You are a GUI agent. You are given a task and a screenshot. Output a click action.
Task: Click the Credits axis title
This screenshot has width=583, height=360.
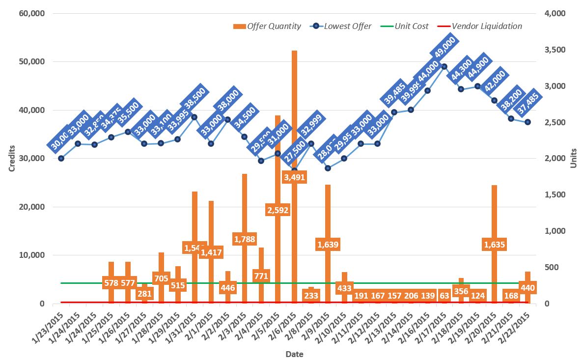12,158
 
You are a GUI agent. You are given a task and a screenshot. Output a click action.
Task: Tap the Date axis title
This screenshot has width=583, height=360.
294,354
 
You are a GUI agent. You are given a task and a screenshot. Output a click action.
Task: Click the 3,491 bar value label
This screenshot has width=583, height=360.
294,177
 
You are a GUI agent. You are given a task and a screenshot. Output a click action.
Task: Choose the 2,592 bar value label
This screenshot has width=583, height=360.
278,210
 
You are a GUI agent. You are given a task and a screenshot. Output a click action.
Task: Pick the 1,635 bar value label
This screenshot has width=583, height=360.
494,244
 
